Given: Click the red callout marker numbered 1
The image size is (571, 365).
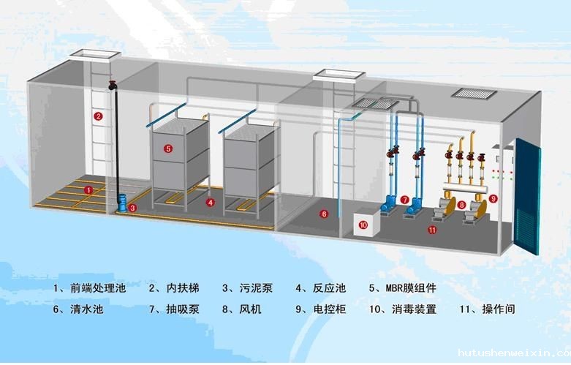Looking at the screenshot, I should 88,190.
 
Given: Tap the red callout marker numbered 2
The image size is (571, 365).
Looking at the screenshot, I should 98,116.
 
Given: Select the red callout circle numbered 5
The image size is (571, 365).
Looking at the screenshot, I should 168,148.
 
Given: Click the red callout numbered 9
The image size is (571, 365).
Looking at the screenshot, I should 493,198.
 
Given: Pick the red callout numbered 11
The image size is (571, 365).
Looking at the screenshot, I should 432,230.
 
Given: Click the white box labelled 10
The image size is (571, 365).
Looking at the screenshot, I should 363,225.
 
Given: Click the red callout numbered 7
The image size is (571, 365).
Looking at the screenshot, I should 405,199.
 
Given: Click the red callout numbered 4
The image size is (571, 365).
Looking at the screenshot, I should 211,201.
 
